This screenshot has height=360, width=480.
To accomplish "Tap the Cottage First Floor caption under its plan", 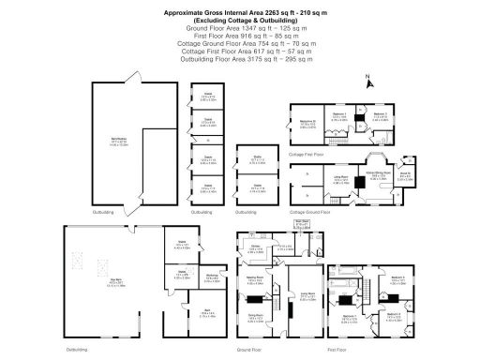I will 309,152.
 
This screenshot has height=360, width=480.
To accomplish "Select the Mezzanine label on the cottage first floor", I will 307,122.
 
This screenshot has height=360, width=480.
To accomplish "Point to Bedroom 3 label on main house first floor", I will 397,277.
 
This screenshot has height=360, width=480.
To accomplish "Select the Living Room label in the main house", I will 306,298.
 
